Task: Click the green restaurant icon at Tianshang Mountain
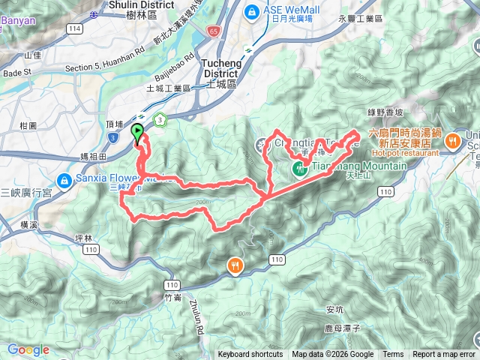coord(299,168)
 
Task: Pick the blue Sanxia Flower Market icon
coord(64,180)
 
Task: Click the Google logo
coord(28,349)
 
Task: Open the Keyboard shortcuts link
coord(250,355)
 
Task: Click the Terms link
coord(392,355)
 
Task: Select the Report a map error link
coord(444,355)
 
